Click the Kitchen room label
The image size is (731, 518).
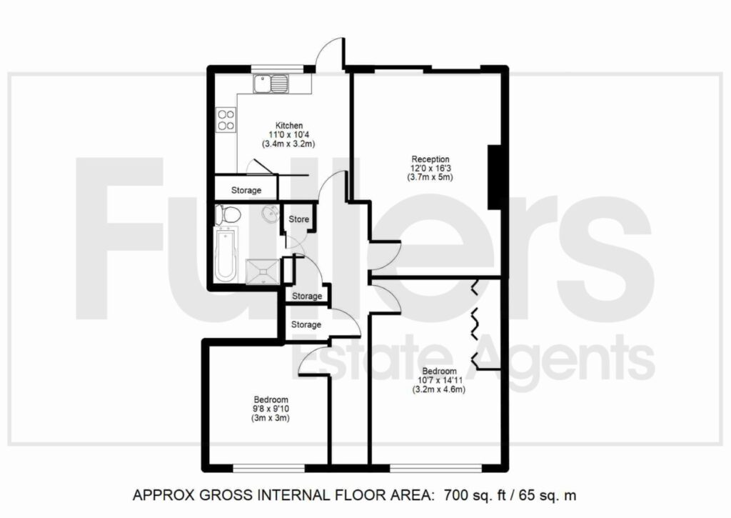pyautogui.click(x=289, y=126)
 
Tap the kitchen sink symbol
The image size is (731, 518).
pyautogui.click(x=271, y=84)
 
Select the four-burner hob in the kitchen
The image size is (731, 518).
pyautogui.click(x=226, y=119)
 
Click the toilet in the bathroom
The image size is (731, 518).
pyautogui.click(x=228, y=215)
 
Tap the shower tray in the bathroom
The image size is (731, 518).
pyautogui.click(x=263, y=272)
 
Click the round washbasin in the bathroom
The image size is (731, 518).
pyautogui.click(x=269, y=214)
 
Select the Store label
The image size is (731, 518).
pyautogui.click(x=299, y=219)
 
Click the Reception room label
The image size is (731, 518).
pyautogui.click(x=430, y=159)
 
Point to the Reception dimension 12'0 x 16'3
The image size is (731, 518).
pyautogui.click(x=430, y=169)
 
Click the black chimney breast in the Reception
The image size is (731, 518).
pyautogui.click(x=494, y=177)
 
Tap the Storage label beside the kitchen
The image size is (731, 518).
pyautogui.click(x=246, y=190)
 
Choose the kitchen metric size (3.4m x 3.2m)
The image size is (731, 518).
pyautogui.click(x=288, y=144)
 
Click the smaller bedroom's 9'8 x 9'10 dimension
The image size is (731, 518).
pyautogui.click(x=271, y=409)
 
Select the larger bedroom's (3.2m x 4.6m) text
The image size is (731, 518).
pyautogui.click(x=438, y=389)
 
